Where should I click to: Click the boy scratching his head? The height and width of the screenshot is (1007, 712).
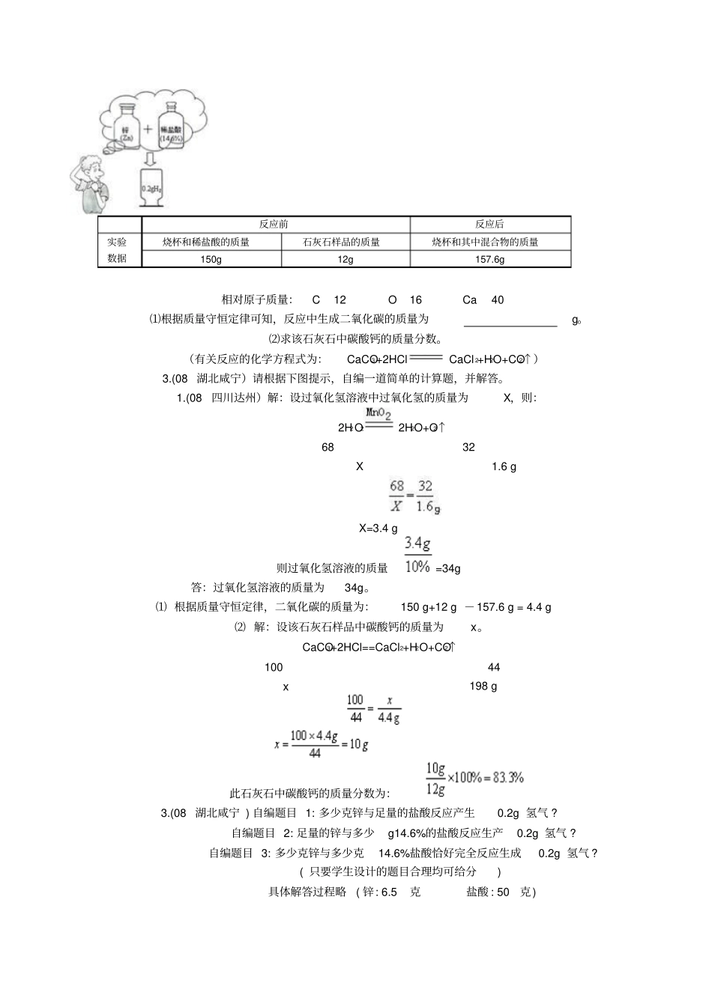click(92, 183)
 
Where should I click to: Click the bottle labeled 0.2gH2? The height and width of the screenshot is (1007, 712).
click(151, 187)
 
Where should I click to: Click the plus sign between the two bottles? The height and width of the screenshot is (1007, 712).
click(148, 129)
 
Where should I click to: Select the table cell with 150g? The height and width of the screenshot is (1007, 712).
click(211, 259)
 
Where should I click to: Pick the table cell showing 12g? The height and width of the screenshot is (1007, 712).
click(346, 259)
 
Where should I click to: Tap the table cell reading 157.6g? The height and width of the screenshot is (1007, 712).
click(490, 259)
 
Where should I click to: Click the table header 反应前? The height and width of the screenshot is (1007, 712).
click(274, 224)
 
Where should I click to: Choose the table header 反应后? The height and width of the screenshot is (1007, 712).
click(489, 224)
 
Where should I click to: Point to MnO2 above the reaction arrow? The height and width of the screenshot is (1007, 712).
click(378, 413)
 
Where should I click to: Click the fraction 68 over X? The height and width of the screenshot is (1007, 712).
click(396, 496)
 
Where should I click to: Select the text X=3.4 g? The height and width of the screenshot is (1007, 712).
click(378, 529)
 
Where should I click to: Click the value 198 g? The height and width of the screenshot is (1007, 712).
click(483, 686)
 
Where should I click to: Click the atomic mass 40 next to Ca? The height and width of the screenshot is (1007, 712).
click(498, 300)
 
